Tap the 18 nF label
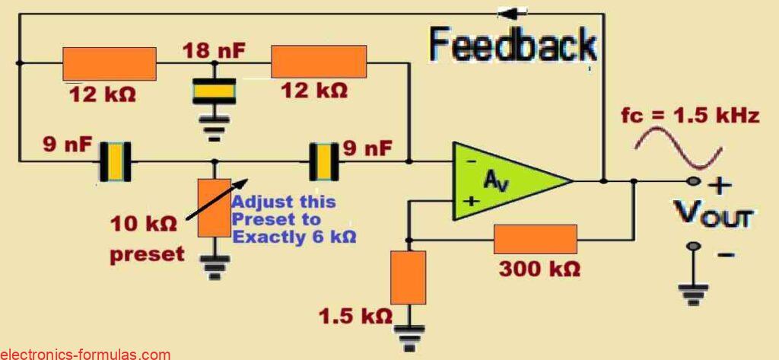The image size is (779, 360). [213, 53]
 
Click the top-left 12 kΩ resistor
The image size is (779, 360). [109, 63]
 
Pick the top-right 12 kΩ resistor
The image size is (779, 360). [319, 62]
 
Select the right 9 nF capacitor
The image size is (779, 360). [323, 161]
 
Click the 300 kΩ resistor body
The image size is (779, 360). [535, 238]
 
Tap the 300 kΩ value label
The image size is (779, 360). [539, 269]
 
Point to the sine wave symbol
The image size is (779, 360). [679, 147]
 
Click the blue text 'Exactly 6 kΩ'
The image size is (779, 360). [294, 237]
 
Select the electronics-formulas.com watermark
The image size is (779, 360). [85, 354]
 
